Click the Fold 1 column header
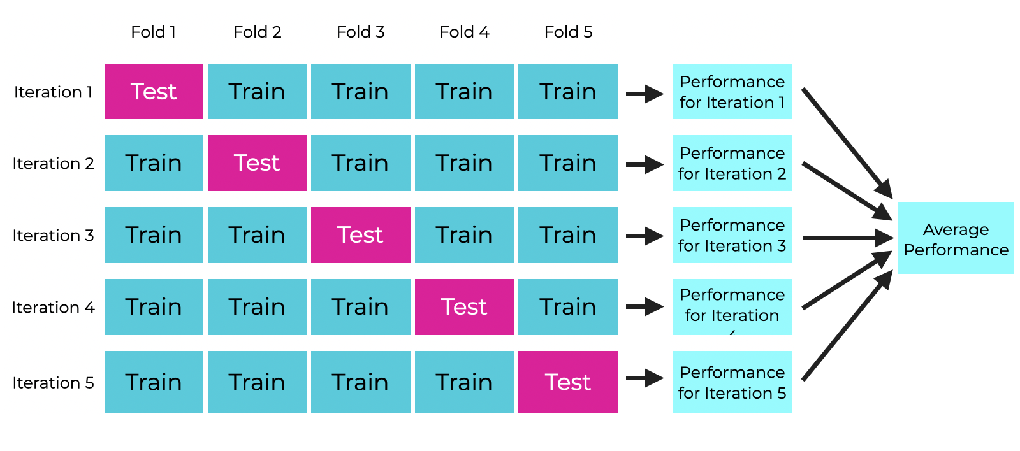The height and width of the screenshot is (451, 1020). pos(154,32)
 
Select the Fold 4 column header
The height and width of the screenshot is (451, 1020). pos(464,32)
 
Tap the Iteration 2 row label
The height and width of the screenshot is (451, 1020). pos(54,163)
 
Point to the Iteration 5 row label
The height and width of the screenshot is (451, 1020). pos(54,383)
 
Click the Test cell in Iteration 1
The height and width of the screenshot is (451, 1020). pos(154,92)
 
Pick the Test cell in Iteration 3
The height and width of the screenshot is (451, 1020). pos(361,235)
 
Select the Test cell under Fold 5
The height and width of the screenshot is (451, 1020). pos(568,382)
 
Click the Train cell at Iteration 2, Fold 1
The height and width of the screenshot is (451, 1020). pos(154,163)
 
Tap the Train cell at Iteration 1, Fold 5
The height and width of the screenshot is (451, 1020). pos(568,92)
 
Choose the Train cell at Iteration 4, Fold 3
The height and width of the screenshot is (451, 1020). pos(361,307)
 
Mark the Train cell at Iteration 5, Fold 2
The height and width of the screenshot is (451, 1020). pos(258,382)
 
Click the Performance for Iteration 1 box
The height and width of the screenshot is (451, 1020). pos(732,92)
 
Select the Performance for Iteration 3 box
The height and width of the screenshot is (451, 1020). pos(732,235)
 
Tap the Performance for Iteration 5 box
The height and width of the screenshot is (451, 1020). pos(732,382)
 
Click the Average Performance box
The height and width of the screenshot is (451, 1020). pos(956,238)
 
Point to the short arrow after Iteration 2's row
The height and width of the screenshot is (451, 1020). pos(645,165)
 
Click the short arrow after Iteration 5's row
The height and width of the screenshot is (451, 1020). pos(645,378)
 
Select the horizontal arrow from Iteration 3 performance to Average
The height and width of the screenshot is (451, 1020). pos(848,238)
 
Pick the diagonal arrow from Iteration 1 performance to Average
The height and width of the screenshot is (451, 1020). pos(847,143)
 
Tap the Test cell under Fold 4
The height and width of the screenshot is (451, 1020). pos(465,307)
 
